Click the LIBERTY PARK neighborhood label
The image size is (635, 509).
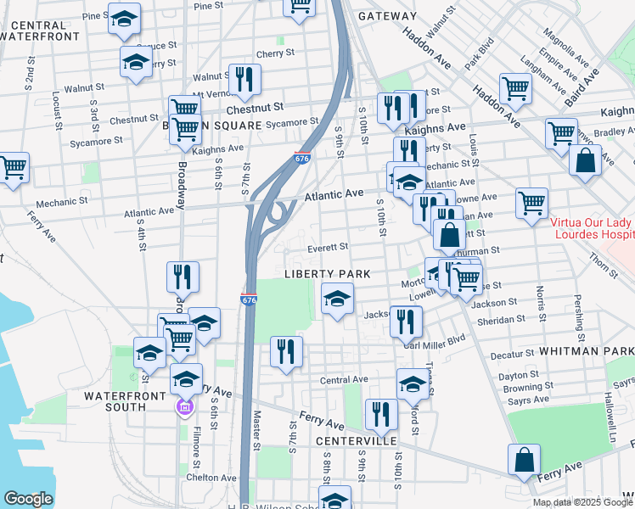point(328,274)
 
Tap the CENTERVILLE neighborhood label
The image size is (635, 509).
point(357,442)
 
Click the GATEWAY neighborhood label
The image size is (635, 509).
point(387,16)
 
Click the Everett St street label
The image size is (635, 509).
point(328,247)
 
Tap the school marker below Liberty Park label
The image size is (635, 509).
point(337,299)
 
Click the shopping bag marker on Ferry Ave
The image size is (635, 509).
point(525,459)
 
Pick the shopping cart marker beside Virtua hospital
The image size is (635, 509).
point(531,202)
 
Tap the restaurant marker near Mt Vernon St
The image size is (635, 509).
point(244,80)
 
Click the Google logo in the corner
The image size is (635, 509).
point(28,499)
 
